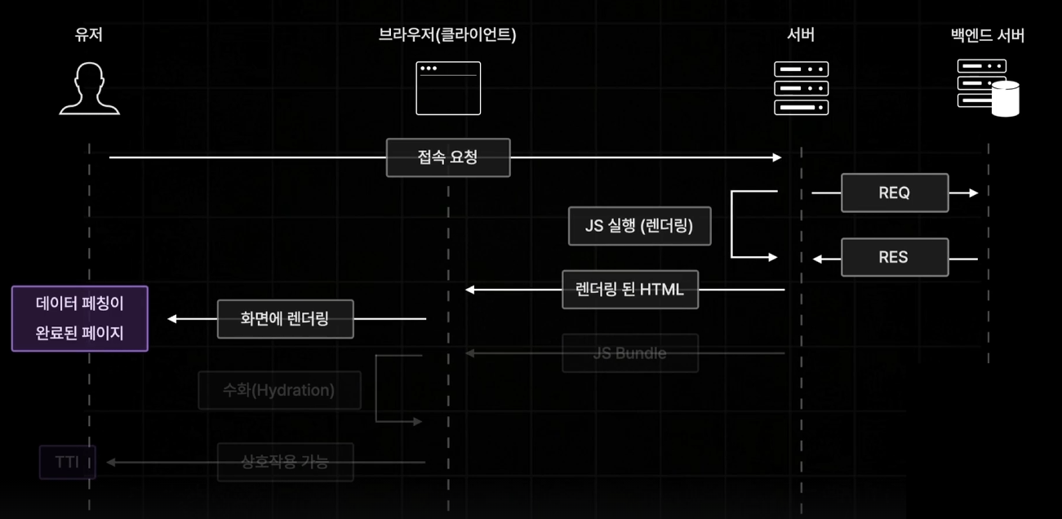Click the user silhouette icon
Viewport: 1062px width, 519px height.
pos(90,88)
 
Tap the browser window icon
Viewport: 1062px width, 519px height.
pos(448,88)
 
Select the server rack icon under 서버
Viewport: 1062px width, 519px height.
pos(801,88)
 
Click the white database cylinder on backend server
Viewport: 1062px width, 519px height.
pos(1006,100)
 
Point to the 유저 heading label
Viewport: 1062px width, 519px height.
pos(88,35)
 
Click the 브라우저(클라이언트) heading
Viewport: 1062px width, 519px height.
pos(447,35)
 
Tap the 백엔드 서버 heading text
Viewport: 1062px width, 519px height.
pos(988,35)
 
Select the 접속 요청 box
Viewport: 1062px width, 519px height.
pos(448,157)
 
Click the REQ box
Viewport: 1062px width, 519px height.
pos(895,193)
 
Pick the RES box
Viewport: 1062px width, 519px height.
pos(895,257)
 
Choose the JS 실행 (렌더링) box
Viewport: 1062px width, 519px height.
pos(639,226)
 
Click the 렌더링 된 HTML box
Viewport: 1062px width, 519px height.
pos(630,289)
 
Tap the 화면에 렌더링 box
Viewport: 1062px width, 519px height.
pos(285,319)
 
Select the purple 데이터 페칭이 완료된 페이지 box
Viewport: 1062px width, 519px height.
pos(80,318)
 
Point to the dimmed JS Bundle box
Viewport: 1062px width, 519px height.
pos(630,353)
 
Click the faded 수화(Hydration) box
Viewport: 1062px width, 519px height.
pos(279,390)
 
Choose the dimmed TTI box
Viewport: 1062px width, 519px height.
pos(68,463)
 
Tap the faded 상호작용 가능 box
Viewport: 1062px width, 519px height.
pos(285,463)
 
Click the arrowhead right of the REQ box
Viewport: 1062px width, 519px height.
pos(972,193)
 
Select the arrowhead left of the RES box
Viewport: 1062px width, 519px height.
pos(817,259)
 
